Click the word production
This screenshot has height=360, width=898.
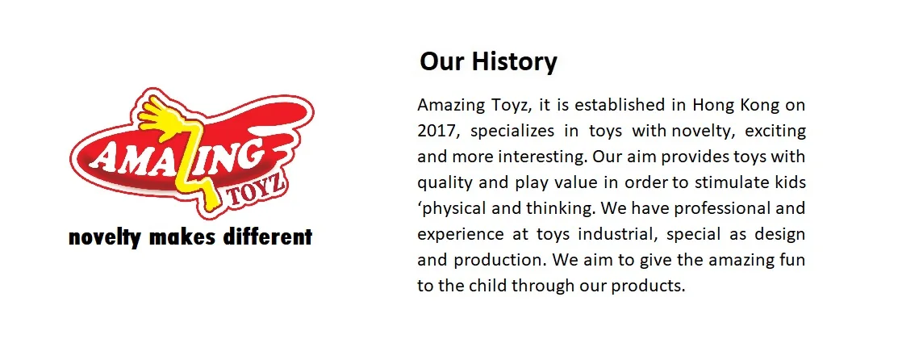[498, 260]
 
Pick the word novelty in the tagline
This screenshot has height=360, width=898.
[106, 237]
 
